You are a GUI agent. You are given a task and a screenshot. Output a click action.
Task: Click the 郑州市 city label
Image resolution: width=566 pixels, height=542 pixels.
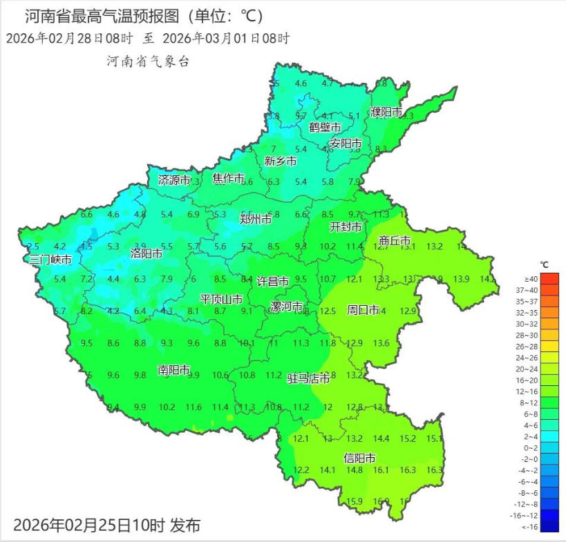256,220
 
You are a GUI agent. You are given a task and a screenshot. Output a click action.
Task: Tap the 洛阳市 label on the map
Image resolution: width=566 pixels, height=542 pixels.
147,253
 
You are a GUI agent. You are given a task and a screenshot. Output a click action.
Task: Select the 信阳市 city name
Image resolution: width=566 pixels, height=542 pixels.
360,458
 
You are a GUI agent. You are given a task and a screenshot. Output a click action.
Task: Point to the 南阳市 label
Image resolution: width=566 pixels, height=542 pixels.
173,370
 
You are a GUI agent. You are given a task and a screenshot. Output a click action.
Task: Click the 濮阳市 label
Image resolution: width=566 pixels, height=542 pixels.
386,112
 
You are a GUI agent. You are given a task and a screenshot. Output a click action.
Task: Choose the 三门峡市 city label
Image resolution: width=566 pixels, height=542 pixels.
50,260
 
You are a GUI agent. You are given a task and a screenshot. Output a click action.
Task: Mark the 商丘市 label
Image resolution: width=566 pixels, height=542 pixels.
395,241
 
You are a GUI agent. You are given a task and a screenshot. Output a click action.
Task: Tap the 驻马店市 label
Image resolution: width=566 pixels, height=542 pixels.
308,378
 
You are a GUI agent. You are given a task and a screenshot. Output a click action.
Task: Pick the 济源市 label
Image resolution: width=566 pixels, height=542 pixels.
173,180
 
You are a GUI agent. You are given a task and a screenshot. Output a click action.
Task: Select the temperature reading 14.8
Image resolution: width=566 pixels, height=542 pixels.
355,470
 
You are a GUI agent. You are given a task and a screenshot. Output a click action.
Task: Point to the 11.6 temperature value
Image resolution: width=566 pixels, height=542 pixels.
194,407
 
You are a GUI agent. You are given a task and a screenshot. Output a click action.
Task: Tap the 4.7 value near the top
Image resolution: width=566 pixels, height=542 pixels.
328,84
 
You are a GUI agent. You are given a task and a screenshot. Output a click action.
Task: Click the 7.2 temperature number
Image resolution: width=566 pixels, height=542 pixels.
86,280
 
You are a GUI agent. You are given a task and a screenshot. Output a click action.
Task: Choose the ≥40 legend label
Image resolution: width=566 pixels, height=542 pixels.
530,278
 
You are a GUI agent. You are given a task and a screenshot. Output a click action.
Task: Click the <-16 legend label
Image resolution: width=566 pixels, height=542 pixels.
530,527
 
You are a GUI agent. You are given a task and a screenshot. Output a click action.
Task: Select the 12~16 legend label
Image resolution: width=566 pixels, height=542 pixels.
530,391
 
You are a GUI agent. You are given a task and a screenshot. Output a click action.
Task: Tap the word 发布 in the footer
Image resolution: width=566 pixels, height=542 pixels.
185,525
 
